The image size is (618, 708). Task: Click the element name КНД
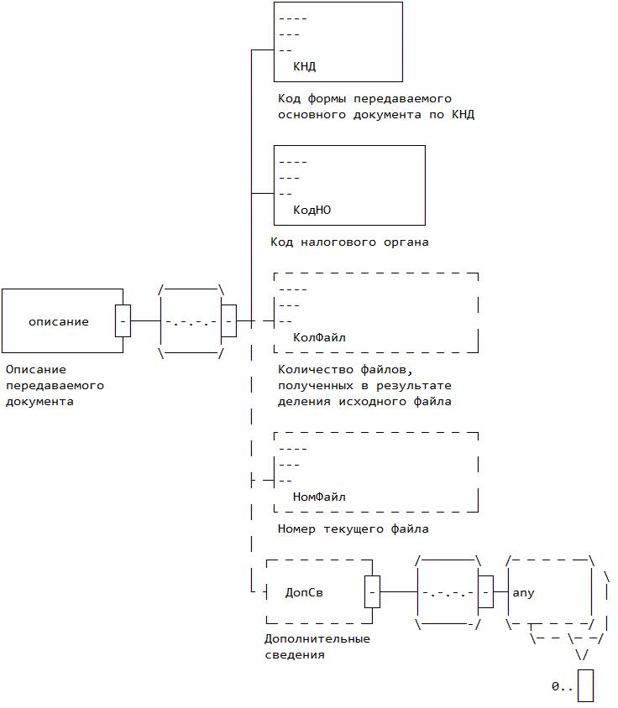(x=304, y=66)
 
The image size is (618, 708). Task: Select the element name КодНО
(x=312, y=210)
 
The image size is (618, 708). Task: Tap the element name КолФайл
(x=319, y=337)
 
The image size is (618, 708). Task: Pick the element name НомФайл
(x=319, y=497)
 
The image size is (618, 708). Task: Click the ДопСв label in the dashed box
(x=304, y=592)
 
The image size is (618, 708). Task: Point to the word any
(x=523, y=592)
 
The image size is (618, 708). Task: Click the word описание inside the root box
(x=59, y=321)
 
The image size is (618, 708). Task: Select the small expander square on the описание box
(x=123, y=320)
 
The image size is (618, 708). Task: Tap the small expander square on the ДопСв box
(x=373, y=592)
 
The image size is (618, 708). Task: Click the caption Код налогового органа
(x=349, y=242)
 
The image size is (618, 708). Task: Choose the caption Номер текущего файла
(x=353, y=529)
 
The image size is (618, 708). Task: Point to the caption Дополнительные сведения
(x=317, y=646)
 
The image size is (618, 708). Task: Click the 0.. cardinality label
(x=562, y=686)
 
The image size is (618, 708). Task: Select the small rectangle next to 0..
(x=585, y=685)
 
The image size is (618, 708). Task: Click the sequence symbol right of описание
(x=191, y=321)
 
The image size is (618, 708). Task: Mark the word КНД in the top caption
(x=463, y=115)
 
